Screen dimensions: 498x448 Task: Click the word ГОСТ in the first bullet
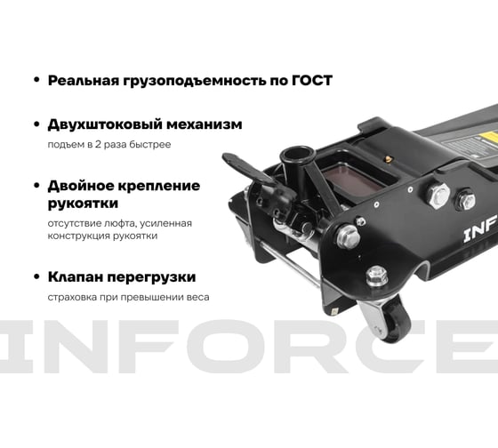[x=312, y=80]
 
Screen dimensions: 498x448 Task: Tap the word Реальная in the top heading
[x=84, y=80]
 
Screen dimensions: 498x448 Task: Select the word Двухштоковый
[x=105, y=124]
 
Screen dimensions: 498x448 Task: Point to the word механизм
[x=205, y=124]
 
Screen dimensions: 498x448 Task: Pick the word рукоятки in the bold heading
[x=83, y=204]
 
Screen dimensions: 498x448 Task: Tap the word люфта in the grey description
[x=121, y=223]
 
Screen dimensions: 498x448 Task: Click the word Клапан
[x=75, y=276]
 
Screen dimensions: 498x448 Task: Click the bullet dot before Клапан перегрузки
[x=36, y=276]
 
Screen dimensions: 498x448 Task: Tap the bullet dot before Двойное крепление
[x=36, y=186]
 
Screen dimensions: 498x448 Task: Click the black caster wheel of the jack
[x=395, y=321]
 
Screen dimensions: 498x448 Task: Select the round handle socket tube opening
[x=297, y=155]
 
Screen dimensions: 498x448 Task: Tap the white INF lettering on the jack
[x=480, y=230]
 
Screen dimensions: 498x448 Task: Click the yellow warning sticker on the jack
[x=489, y=137]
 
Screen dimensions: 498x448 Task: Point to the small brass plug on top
[x=388, y=159]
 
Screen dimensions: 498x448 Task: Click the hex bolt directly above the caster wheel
[x=377, y=276]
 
